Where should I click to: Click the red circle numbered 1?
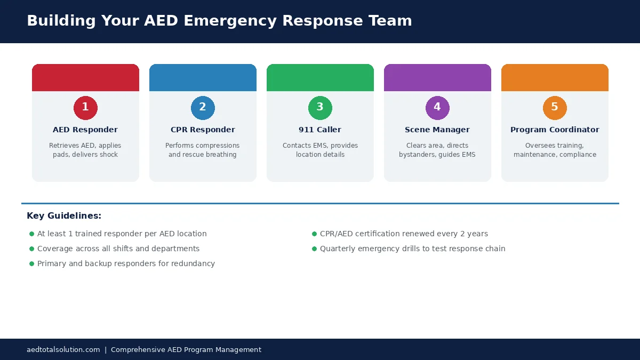tap(85, 108)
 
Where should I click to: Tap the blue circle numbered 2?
tap(203, 108)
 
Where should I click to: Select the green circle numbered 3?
tap(320, 108)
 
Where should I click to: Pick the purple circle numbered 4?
tap(437, 108)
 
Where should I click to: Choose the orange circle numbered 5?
tap(555, 108)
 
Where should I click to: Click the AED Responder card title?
tap(85, 130)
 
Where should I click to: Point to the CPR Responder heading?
tap(203, 130)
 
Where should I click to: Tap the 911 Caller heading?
tap(320, 130)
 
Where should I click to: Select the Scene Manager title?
tap(437, 130)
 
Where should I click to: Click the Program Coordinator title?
tap(555, 130)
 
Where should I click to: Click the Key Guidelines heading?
tap(64, 216)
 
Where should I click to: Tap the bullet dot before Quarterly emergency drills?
tap(314, 249)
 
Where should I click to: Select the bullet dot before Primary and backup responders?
tap(31, 264)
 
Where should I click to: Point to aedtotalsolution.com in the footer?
tap(63, 350)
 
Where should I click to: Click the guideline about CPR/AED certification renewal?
tap(404, 234)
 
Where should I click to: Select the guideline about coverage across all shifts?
tap(118, 249)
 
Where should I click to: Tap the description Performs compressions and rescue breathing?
tap(203, 150)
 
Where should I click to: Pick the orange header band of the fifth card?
tap(555, 78)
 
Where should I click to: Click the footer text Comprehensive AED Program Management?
tap(186, 350)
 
